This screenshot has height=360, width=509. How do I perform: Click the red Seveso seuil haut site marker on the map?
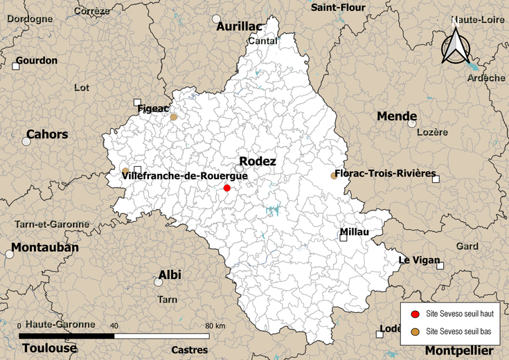pos(227,188)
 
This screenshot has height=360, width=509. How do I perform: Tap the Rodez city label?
pos(258,161)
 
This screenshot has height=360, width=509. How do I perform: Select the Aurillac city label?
pos(240,26)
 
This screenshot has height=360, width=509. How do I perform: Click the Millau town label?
pos(355,232)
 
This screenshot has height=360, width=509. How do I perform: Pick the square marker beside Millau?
pos(343,237)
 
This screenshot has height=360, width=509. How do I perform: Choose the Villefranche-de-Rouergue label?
pos(185,176)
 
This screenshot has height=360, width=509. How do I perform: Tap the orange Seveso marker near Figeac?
pos(174,117)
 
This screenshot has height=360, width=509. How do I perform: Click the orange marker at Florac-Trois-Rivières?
pos(334,176)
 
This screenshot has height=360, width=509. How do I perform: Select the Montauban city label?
pos(44,247)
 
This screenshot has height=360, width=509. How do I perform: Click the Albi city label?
pos(170,275)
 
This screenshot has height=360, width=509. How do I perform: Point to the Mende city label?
pos(397,116)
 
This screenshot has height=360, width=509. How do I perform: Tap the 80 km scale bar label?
pos(215,325)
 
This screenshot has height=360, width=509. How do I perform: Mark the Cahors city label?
pos(47,134)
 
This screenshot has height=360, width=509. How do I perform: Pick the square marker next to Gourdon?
pos(15,66)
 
